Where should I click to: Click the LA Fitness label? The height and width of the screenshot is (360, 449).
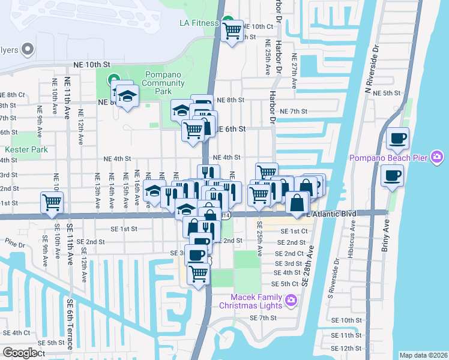click(199, 23)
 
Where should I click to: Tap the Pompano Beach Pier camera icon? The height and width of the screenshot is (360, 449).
click(437, 158)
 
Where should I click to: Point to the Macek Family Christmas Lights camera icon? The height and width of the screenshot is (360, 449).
click(291, 299)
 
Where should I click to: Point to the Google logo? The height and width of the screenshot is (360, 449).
click(20, 353)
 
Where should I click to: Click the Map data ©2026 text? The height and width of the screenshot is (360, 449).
click(423, 355)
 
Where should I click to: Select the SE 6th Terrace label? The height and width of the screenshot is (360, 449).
click(70, 325)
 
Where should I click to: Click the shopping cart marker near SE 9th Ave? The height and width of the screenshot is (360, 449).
click(52, 203)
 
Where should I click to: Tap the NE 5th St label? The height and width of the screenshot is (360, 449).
click(387, 93)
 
